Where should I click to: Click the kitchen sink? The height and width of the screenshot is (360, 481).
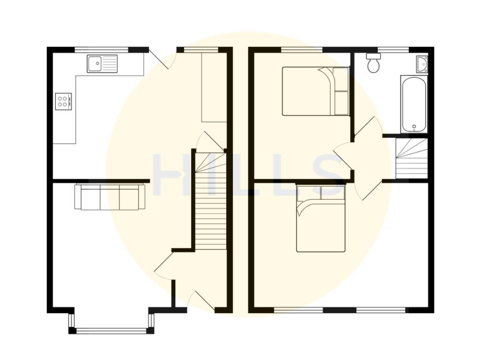[103, 63]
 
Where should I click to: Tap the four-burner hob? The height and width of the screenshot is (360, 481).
[64, 101]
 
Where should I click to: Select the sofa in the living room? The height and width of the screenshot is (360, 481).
[110, 197]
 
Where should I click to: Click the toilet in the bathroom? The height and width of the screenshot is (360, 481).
[374, 63]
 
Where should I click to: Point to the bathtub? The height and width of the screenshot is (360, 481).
[413, 104]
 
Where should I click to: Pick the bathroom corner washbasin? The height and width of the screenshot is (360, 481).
[422, 64]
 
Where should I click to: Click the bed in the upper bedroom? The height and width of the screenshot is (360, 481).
[315, 91]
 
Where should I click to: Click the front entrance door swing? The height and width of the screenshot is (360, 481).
[202, 301]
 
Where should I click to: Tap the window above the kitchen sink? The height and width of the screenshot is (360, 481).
[101, 49]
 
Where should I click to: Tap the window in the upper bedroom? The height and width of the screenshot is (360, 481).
[303, 49]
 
